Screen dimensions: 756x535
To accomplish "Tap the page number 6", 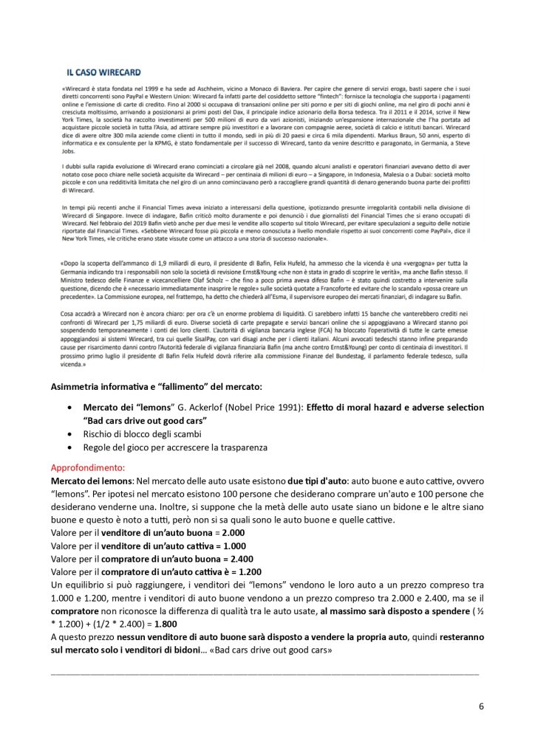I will point(481,706).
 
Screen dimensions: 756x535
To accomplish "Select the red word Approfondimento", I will point(88,467).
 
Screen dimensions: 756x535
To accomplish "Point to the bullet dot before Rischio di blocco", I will point(69,434).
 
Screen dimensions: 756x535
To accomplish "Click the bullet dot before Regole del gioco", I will point(69,447).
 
